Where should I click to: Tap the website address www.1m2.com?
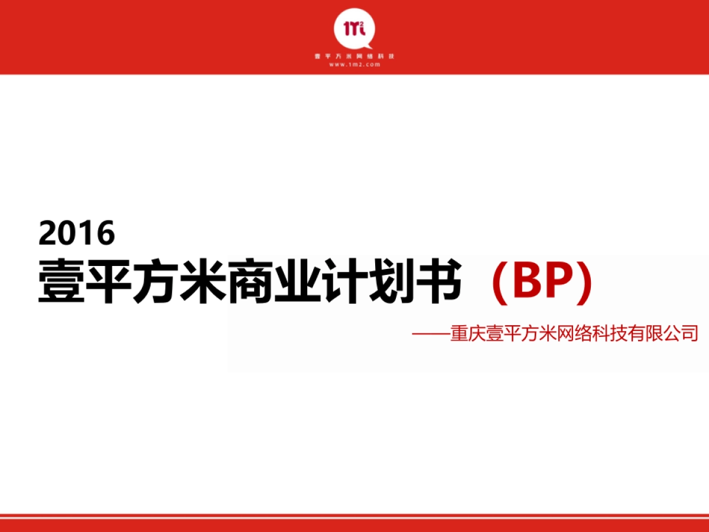point(354,64)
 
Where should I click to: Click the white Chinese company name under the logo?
point(354,56)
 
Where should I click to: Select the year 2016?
point(76,233)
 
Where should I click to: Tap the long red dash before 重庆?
point(431,334)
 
